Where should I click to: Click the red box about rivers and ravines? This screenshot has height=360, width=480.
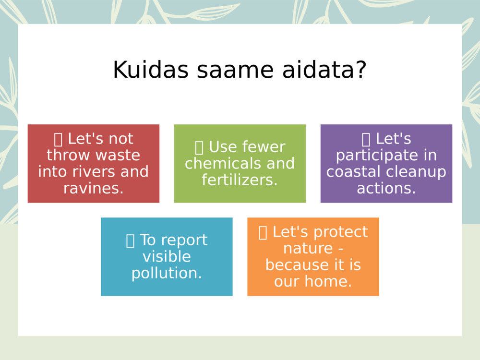pos(93,163)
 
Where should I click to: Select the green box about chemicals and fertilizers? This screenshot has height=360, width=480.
pos(240,163)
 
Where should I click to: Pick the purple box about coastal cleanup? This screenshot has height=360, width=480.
pos(386,163)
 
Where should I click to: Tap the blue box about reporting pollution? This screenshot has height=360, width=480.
pos(167,256)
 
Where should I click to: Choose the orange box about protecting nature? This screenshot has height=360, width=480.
pos(313,256)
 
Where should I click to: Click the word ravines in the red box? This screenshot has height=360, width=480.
pos(93,188)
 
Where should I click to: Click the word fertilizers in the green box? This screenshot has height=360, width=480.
pos(240,180)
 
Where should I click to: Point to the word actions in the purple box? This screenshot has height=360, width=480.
pos(386,188)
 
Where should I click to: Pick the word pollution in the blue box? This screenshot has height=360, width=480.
pos(167,273)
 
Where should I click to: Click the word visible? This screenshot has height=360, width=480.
pos(167,257)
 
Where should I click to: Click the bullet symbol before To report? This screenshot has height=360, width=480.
pos(130,240)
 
